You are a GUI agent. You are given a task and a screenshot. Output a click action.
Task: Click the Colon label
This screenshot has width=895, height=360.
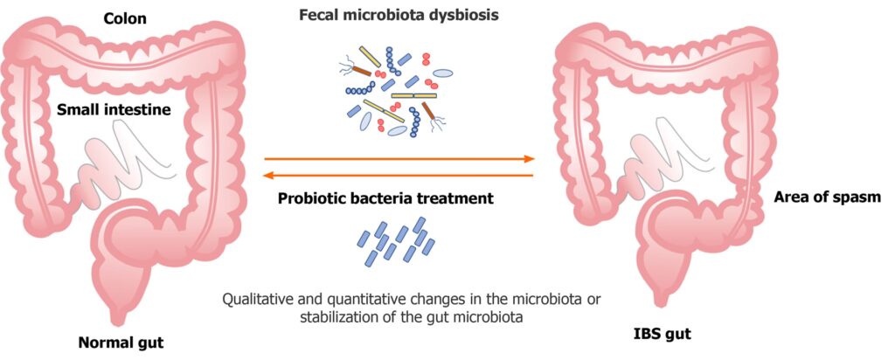click(x=125, y=19)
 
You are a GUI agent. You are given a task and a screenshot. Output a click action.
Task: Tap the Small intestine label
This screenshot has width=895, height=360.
click(x=114, y=109)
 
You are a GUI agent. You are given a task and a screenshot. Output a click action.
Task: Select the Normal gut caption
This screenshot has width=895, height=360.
click(x=121, y=343)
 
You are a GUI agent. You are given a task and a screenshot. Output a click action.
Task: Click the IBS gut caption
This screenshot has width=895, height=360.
click(x=663, y=334)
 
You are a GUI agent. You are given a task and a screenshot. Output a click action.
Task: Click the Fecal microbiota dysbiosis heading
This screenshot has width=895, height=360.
click(x=399, y=15)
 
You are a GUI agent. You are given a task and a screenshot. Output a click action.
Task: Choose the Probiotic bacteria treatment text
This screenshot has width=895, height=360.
click(x=385, y=199)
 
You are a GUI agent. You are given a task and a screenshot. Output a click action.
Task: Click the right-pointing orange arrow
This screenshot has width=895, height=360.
click(x=399, y=159)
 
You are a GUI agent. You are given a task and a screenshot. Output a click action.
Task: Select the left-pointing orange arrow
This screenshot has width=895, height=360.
click(x=399, y=175)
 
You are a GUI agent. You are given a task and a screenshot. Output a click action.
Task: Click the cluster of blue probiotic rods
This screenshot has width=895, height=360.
click(x=396, y=241)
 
